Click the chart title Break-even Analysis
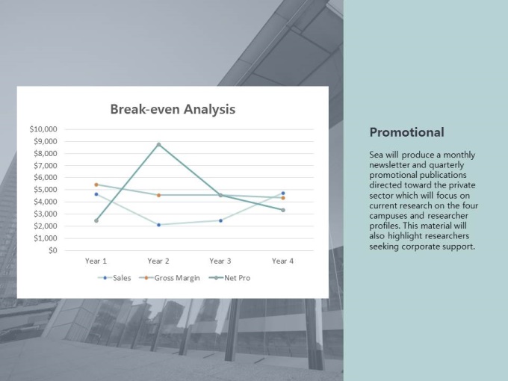point(173,109)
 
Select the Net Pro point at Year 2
point(158,144)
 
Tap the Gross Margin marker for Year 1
point(96,185)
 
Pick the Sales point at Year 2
point(158,225)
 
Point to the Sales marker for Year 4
point(283,193)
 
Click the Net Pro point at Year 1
point(96,220)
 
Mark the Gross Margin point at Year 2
point(158,196)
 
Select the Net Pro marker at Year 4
point(283,210)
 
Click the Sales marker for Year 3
point(220,220)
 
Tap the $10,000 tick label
point(43,129)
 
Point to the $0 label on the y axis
point(53,250)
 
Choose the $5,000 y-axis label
point(45,190)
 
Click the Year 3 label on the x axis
point(220,261)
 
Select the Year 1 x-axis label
point(96,261)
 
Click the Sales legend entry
point(114,278)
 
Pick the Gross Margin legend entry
point(170,278)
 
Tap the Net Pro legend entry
point(229,278)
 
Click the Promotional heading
point(407,132)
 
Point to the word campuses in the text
point(387,216)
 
